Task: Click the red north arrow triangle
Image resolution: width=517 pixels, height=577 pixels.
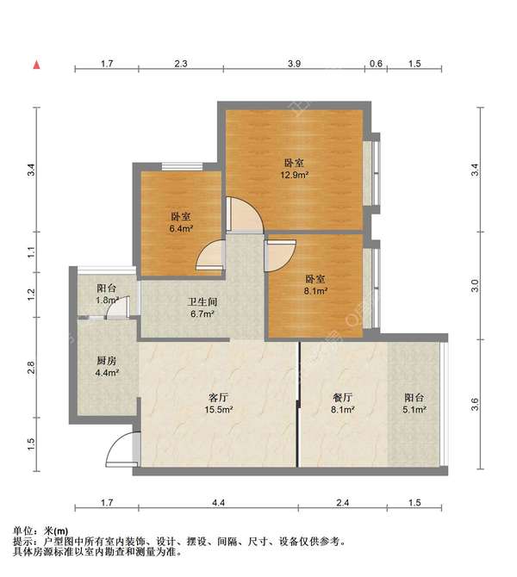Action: tap(36, 65)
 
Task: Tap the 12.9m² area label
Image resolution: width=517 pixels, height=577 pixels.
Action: tap(294, 175)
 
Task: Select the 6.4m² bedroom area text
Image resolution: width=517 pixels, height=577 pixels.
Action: tap(181, 229)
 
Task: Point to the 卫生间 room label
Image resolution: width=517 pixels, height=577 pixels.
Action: tap(202, 302)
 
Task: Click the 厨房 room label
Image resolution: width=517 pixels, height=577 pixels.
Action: tap(107, 361)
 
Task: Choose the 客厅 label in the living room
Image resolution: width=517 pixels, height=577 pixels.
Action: tap(219, 397)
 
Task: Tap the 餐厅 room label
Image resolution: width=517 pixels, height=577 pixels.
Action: tap(342, 397)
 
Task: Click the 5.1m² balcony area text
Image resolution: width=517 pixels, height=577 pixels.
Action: tap(414, 409)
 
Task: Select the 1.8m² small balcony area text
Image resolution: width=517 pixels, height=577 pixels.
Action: tap(107, 300)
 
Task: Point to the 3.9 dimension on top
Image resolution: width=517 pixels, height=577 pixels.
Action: tap(294, 64)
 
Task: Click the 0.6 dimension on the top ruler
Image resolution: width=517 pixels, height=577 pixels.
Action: tap(376, 64)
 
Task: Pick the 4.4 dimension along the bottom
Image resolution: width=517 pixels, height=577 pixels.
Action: tap(218, 503)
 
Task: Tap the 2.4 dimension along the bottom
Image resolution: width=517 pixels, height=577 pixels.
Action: tap(342, 503)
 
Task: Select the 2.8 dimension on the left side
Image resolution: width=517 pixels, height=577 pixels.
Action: tap(31, 368)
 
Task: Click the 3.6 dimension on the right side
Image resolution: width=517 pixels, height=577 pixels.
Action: tap(476, 405)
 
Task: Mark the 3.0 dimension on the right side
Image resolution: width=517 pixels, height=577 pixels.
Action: tap(476, 286)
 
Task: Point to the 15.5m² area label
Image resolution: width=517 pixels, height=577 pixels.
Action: tap(219, 409)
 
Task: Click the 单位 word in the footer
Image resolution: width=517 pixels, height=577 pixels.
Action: tap(22, 531)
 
